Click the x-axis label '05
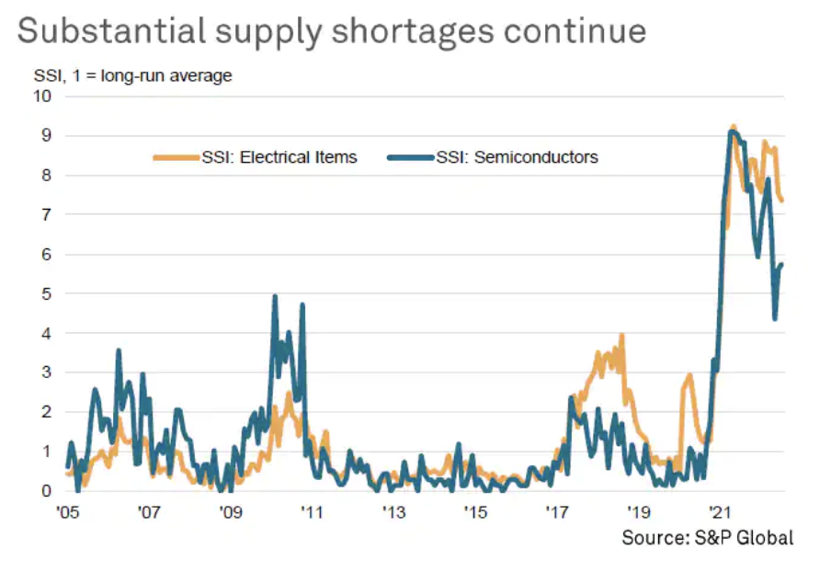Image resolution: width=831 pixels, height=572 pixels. (x=67, y=512)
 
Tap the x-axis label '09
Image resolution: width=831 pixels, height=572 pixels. (x=230, y=512)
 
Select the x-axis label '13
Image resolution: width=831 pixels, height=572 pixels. (x=393, y=512)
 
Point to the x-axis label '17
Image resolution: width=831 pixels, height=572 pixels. (x=557, y=512)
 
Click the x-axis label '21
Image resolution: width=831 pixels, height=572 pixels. (x=720, y=512)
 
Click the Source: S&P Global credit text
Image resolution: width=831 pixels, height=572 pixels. (x=706, y=538)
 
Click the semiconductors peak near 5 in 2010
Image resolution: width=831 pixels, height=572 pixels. (x=275, y=297)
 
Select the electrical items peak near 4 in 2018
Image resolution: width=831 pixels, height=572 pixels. (x=622, y=336)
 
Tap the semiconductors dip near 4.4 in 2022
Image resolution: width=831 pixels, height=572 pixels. (x=775, y=318)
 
